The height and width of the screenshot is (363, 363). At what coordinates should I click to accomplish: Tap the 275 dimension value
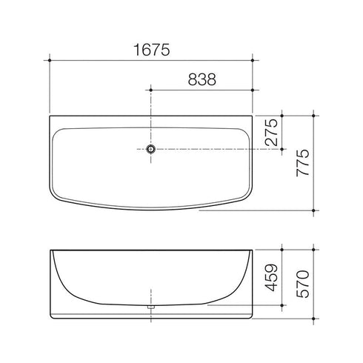[x=271, y=132]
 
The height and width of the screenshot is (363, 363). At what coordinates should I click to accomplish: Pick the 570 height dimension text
[x=302, y=282]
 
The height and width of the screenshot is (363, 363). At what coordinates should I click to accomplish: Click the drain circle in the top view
[x=151, y=148]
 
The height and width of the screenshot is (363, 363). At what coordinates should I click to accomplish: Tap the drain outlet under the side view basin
[x=151, y=305]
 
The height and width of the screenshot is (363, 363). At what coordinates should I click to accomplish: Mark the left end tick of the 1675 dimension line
[x=49, y=60]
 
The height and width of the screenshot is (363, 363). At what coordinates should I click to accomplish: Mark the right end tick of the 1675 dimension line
[x=253, y=60]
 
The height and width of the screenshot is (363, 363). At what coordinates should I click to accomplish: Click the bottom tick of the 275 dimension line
[x=282, y=148]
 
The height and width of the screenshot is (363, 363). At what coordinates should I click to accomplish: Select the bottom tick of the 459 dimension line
[x=282, y=304]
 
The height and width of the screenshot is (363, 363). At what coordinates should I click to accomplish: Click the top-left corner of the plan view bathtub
[x=50, y=116]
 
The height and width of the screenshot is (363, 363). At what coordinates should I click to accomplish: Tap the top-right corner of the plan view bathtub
[x=253, y=116]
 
